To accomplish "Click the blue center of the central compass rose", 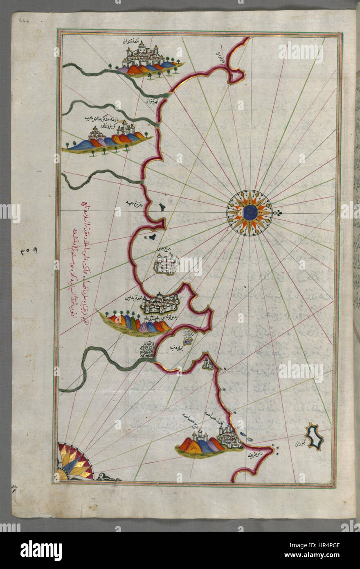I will [249, 213].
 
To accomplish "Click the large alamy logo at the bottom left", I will [41, 550].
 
